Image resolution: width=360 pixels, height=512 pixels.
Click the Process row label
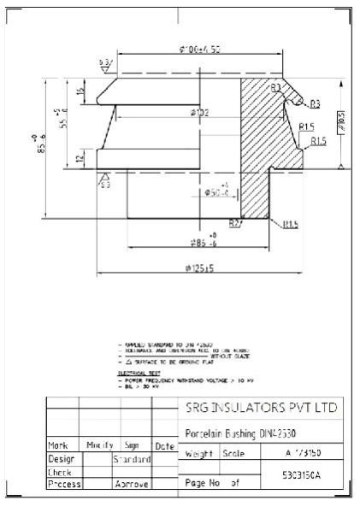(63, 484)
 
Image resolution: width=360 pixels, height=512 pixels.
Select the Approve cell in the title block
(133, 484)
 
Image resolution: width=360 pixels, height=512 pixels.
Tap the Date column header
(165, 445)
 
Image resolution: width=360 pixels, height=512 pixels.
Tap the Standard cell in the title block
(133, 459)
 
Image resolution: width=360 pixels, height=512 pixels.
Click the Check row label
(59, 471)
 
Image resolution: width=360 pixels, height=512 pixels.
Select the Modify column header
(99, 445)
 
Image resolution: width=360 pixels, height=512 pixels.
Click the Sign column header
(133, 445)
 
